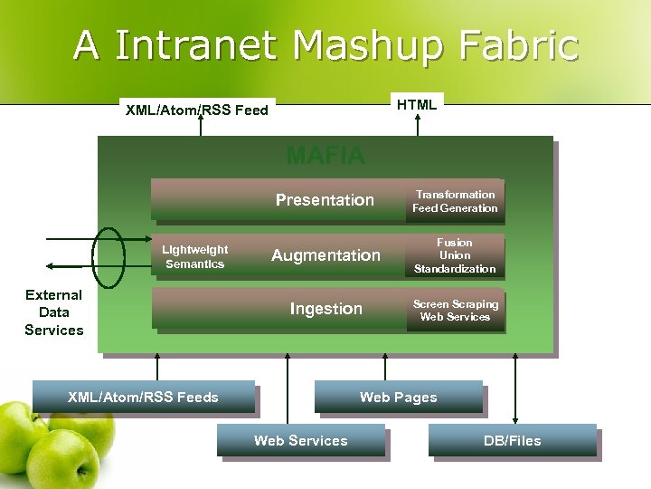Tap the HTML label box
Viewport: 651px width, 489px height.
point(417,104)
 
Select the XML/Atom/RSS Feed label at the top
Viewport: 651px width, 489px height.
point(197,110)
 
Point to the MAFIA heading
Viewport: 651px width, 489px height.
point(325,156)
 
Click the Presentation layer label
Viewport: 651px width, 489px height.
point(325,199)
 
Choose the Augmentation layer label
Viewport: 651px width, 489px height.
point(326,255)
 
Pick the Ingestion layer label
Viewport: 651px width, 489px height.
point(325,309)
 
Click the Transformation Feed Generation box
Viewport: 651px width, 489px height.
point(455,201)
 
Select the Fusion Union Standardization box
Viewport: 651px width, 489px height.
point(455,255)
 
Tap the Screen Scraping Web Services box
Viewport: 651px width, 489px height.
point(455,310)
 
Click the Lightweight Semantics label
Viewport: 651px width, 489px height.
point(195,256)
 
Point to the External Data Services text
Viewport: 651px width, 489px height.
point(54,312)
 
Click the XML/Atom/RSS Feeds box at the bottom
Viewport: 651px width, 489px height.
point(143,397)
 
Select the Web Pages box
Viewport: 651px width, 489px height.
point(398,397)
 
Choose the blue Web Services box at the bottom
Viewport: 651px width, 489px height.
point(300,440)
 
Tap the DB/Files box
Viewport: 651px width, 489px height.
point(512,440)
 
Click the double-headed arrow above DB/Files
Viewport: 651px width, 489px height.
point(515,388)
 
